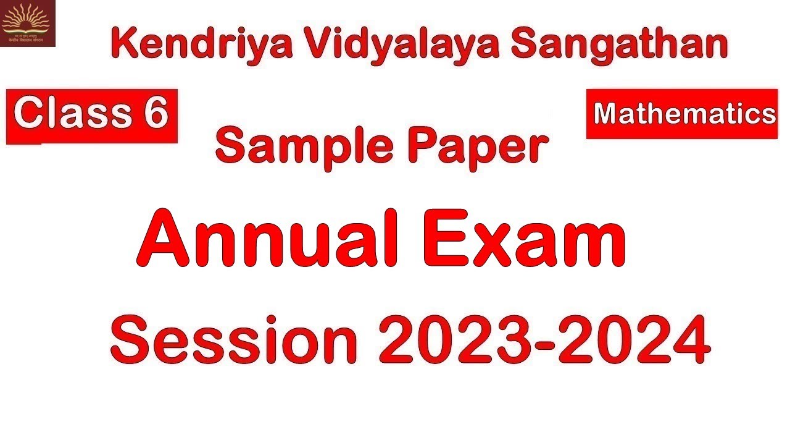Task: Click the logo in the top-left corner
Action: (x=28, y=23)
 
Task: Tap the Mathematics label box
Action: (x=682, y=114)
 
